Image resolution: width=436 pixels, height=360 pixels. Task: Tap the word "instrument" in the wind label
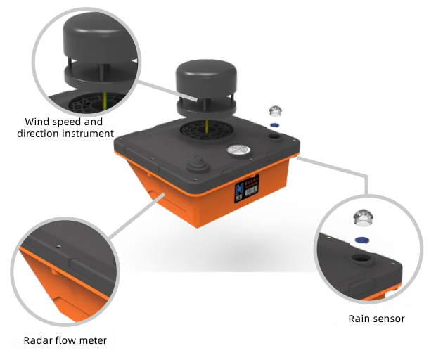[x=88, y=132]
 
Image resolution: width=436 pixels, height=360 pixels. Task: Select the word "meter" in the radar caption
[x=93, y=340]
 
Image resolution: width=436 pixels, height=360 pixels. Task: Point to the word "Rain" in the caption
[x=359, y=319]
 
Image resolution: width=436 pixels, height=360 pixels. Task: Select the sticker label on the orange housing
[x=246, y=185]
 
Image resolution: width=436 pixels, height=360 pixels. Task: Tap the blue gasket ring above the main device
[x=275, y=125]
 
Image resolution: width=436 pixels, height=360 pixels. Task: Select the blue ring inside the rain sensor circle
[x=363, y=240]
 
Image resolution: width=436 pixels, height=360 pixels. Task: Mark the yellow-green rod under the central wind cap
[x=206, y=126]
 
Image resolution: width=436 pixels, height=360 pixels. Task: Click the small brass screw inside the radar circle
[x=58, y=247]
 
